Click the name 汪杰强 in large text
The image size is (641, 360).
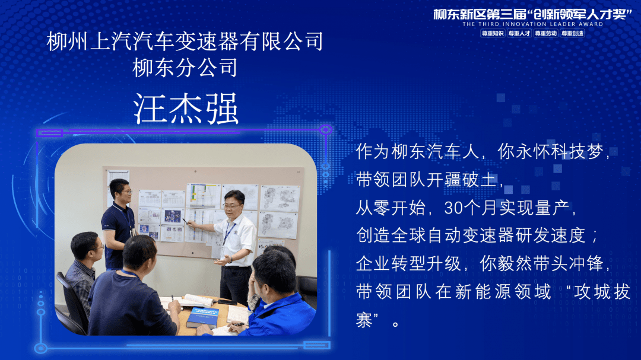click(186, 109)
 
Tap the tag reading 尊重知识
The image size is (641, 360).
click(493, 33)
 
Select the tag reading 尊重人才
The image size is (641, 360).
click(519, 33)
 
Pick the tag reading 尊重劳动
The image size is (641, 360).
click(546, 33)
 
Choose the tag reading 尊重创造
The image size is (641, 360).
click(572, 33)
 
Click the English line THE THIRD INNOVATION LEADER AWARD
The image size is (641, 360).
click(532, 24)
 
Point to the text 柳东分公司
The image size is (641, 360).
click(185, 68)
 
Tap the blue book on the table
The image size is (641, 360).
click(203, 317)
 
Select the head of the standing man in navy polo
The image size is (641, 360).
click(120, 192)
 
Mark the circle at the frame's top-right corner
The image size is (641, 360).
click(325, 130)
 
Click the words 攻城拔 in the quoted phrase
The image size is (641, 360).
click(602, 292)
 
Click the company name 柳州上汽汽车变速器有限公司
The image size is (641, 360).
click(185, 42)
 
